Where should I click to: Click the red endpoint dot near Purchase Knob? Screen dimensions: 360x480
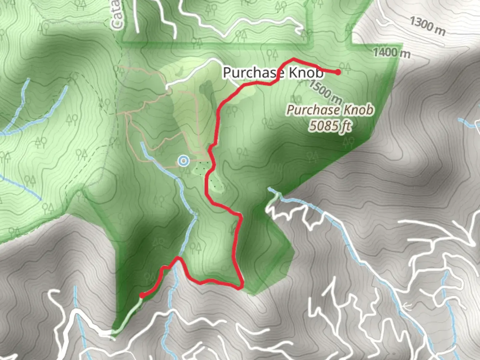click(x=338, y=72)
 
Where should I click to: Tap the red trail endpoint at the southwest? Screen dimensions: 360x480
click(x=142, y=295)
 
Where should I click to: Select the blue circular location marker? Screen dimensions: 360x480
click(x=183, y=161)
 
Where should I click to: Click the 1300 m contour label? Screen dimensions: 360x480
click(x=427, y=26)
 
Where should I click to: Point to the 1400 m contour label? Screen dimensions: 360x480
click(x=391, y=53)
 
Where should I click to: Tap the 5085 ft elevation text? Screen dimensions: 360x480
click(x=330, y=126)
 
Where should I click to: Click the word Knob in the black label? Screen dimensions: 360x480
click(x=306, y=72)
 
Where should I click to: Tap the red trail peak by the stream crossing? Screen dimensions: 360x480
click(x=179, y=258)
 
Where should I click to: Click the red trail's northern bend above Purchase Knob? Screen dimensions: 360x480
click(x=293, y=59)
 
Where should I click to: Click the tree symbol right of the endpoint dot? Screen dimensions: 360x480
click(x=345, y=67)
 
